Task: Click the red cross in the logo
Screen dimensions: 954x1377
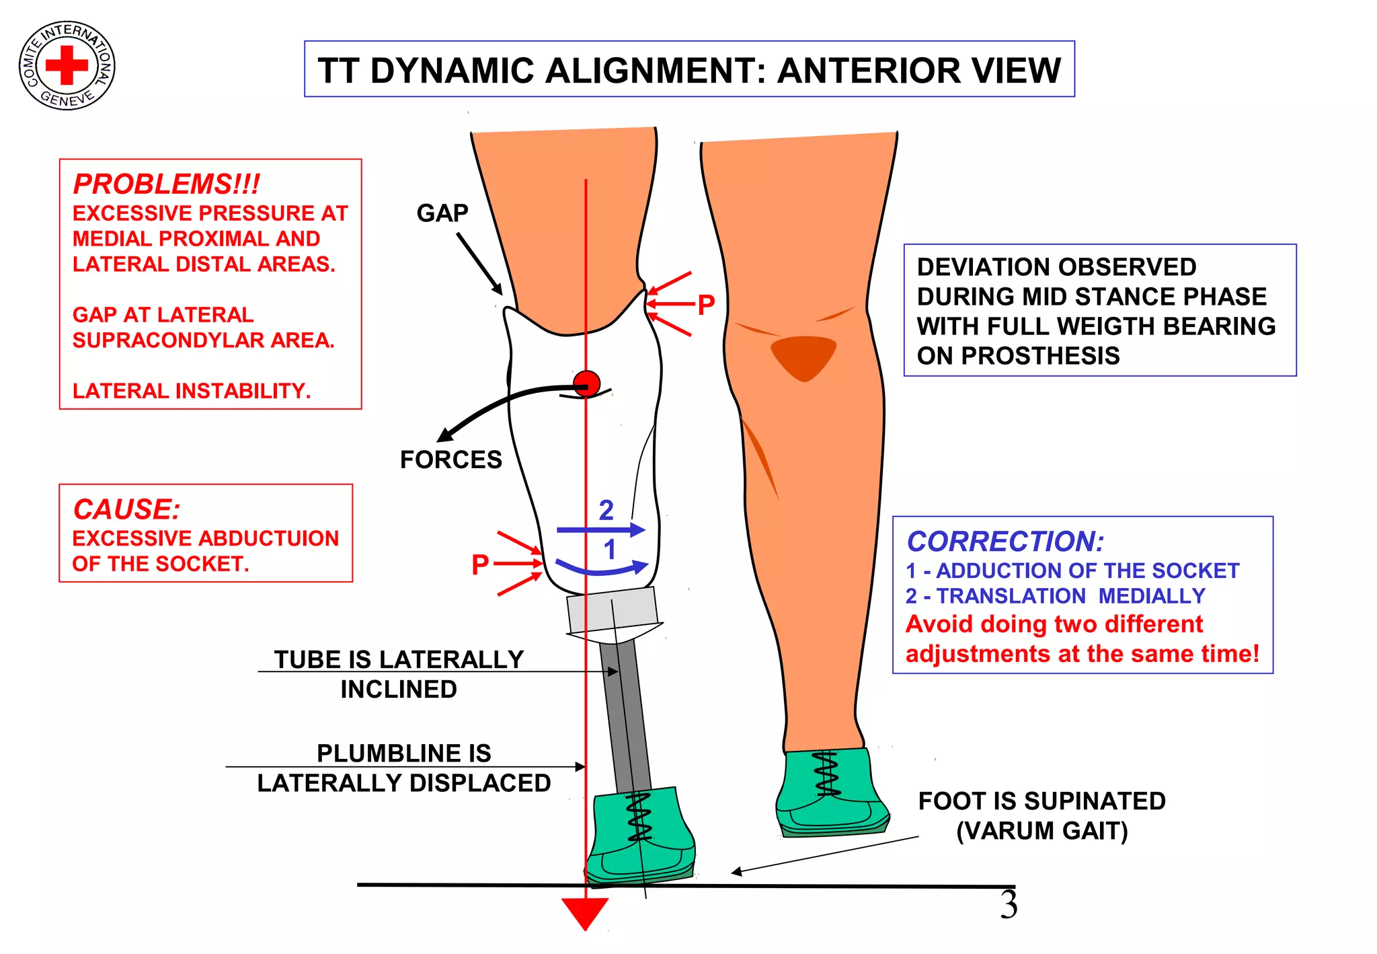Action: [67, 65]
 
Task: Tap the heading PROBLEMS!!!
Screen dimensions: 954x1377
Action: [166, 184]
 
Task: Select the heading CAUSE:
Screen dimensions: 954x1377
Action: [126, 509]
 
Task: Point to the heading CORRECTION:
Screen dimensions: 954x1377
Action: [1005, 542]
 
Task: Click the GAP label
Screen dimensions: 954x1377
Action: [442, 213]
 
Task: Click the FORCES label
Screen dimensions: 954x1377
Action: [450, 460]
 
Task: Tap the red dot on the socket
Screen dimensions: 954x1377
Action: [586, 384]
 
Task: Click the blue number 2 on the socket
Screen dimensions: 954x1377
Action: [606, 510]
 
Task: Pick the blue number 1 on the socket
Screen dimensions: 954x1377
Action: [609, 550]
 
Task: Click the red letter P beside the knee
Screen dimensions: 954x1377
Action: [705, 305]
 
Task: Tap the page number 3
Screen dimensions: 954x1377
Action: [1009, 905]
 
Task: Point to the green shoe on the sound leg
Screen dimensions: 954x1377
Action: [830, 794]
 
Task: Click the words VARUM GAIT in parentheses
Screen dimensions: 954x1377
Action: [1041, 831]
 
